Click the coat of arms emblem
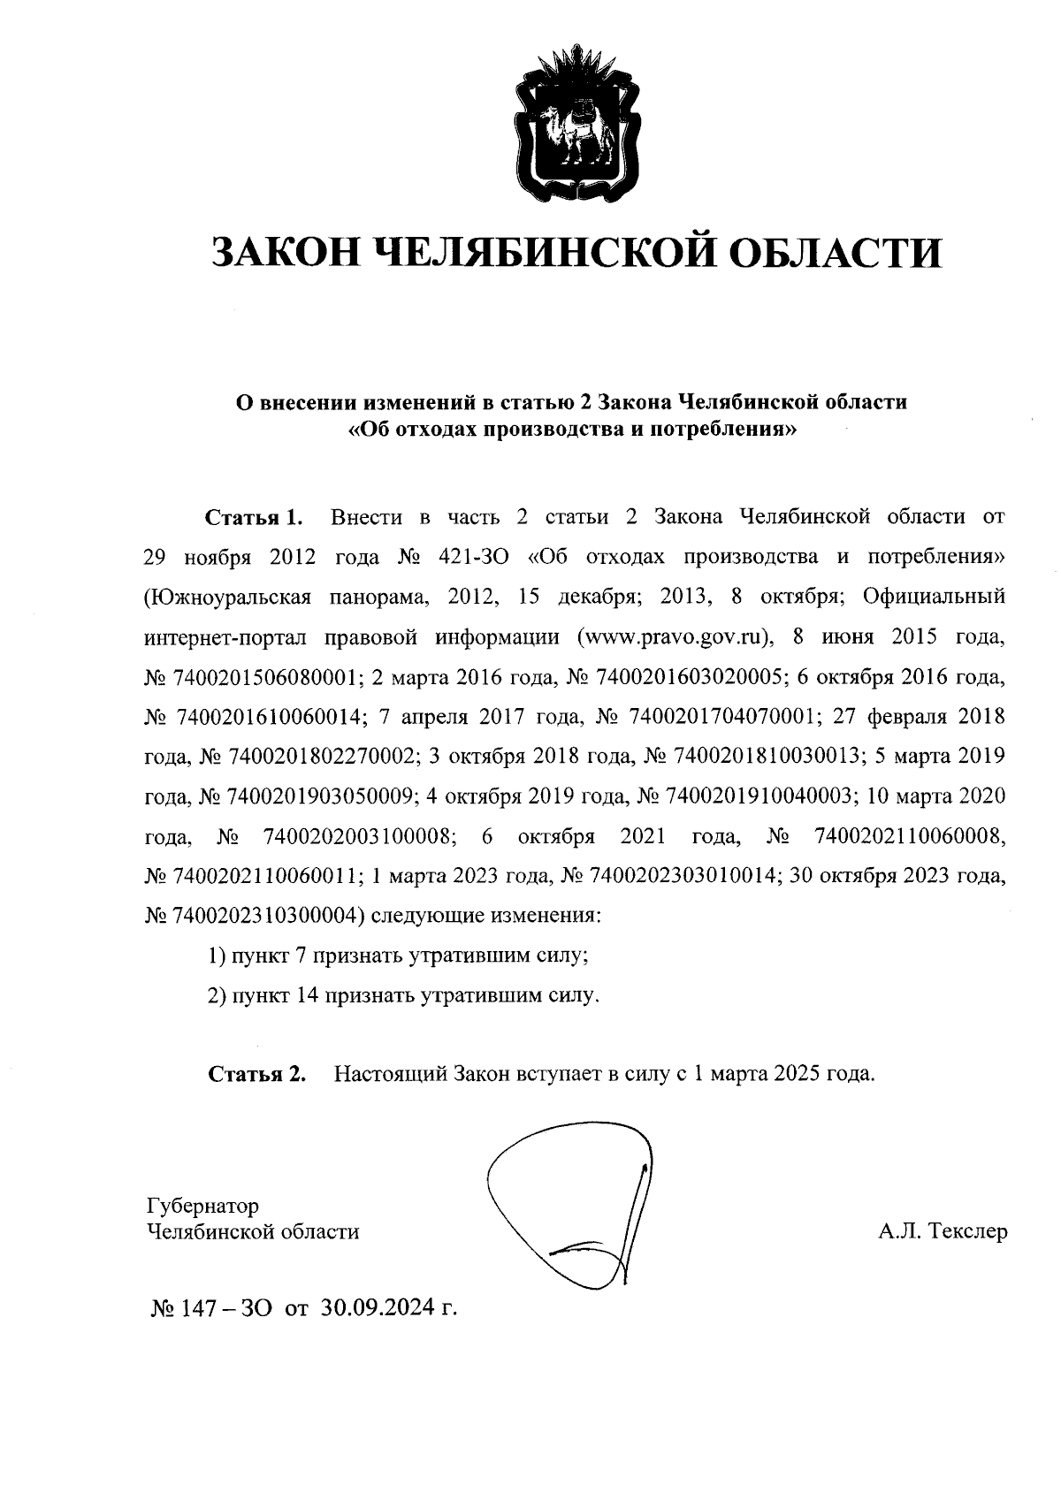[575, 121]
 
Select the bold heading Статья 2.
[256, 1074]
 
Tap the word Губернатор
[202, 1205]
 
